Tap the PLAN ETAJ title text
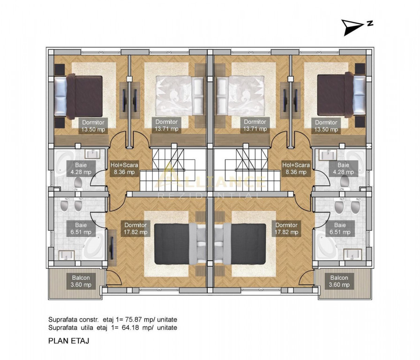tap(68, 341)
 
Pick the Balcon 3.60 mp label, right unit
tap(339, 281)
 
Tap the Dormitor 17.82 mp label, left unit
tap(135, 228)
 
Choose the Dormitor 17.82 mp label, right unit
tap(286, 228)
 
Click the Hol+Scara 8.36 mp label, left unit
tap(124, 168)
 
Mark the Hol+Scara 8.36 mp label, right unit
tap(296, 168)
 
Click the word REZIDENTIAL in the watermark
tap(210, 195)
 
